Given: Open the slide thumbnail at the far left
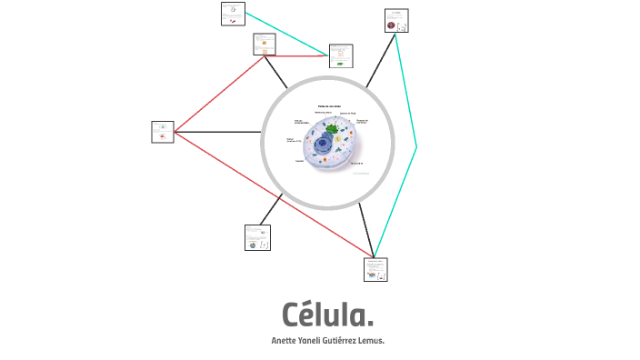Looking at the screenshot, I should [163, 132].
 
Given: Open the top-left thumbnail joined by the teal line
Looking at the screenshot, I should [233, 14].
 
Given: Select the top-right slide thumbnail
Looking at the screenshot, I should [396, 21].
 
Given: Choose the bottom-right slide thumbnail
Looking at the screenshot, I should [375, 269].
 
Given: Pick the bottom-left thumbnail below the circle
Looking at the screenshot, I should [257, 237].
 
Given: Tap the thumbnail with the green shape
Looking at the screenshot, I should [341, 55].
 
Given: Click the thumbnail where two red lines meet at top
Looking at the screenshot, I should [265, 45].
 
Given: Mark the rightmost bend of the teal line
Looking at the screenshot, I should [416, 146].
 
